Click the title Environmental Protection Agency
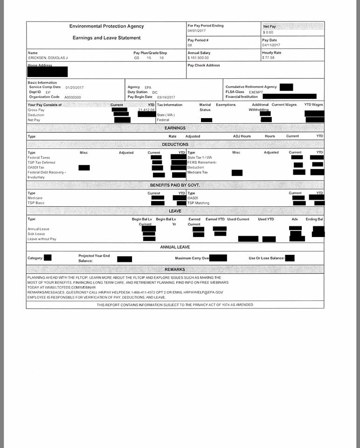click(107, 26)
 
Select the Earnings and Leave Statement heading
click(107, 38)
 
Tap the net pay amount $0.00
click(268, 32)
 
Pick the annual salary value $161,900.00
click(198, 58)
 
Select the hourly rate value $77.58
click(269, 58)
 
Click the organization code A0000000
click(73, 97)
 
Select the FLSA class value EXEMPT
click(256, 92)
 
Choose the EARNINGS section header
click(175, 128)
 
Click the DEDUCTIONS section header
click(175, 145)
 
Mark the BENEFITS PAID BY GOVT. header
click(175, 185)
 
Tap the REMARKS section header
click(175, 270)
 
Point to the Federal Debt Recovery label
click(47, 173)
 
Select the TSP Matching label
click(198, 203)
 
